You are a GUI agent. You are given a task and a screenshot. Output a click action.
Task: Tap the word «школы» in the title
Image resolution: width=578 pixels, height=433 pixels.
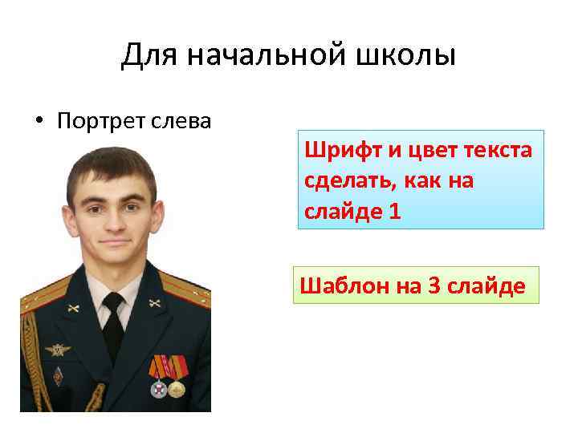(412, 56)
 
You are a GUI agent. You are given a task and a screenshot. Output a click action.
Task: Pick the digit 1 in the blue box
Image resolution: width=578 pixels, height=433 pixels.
(394, 212)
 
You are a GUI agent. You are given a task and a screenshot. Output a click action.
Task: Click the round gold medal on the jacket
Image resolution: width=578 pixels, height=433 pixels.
(177, 389)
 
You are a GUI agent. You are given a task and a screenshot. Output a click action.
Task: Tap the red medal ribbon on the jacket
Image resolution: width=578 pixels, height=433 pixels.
(169, 366)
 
